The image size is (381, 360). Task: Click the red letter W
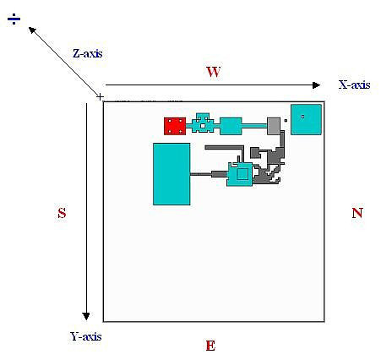click(x=213, y=72)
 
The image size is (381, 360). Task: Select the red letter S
click(x=62, y=213)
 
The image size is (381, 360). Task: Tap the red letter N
click(x=357, y=213)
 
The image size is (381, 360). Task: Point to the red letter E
click(x=210, y=346)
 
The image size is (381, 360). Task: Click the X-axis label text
click(x=354, y=85)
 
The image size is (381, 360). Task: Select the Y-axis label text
click(x=86, y=336)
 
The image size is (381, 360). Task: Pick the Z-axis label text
click(x=88, y=53)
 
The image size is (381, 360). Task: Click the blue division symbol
click(x=14, y=19)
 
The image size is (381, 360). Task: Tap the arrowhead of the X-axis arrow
click(x=317, y=85)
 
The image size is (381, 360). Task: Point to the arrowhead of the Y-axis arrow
click(x=86, y=316)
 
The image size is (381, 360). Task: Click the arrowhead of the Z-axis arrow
click(x=32, y=30)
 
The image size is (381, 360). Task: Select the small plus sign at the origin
click(x=100, y=97)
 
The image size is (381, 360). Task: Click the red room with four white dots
click(x=175, y=126)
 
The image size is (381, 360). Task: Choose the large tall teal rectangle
click(x=171, y=174)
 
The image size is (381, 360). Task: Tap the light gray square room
click(x=274, y=126)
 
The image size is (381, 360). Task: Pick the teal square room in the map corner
click(x=306, y=119)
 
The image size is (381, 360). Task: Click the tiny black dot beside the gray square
click(x=286, y=121)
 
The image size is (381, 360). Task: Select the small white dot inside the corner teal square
click(x=302, y=117)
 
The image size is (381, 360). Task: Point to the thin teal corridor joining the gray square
click(x=254, y=126)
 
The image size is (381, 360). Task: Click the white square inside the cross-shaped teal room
click(x=203, y=126)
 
